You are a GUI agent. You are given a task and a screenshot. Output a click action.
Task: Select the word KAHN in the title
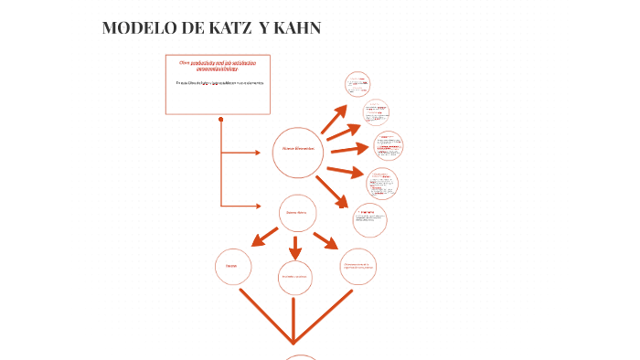click(297, 28)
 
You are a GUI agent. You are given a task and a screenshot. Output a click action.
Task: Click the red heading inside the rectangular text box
click(218, 65)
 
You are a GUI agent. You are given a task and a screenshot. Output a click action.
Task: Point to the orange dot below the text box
click(221, 119)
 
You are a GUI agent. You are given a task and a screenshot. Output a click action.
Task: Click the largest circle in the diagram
click(298, 152)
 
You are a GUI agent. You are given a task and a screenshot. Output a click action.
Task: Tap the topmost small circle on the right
click(357, 84)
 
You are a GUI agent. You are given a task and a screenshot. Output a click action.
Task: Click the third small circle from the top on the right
click(388, 145)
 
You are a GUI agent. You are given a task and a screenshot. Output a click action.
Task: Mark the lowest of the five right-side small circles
click(369, 218)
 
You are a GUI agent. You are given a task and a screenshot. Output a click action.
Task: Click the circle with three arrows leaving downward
click(298, 213)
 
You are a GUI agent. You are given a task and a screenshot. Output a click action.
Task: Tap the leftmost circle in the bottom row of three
click(232, 266)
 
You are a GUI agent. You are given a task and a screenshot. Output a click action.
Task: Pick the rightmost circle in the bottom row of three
click(357, 266)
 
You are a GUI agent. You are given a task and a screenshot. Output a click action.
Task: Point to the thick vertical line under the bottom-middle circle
click(293, 320)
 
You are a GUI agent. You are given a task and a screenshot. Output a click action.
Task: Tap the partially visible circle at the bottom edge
click(301, 356)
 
